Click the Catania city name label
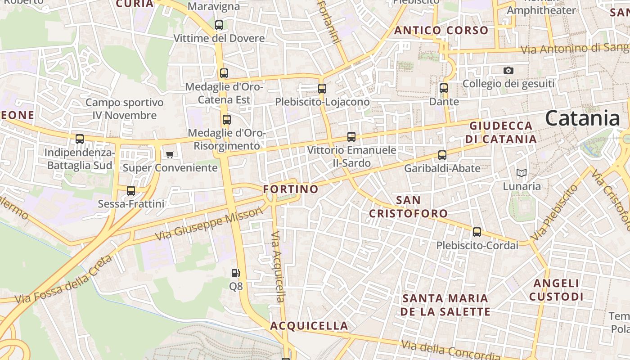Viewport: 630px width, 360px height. [582, 118]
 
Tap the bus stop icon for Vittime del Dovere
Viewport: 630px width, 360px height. [219, 25]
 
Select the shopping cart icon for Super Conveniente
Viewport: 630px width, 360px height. [170, 154]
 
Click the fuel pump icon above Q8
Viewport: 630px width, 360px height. [235, 273]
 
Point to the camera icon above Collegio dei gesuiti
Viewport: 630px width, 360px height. [508, 70]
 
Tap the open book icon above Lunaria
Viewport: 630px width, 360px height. [522, 173]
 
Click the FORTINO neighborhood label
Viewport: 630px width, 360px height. [291, 189]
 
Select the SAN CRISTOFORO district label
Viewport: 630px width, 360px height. [409, 207]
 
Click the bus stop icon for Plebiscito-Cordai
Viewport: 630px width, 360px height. [477, 232]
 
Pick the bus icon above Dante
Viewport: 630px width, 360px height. [444, 88]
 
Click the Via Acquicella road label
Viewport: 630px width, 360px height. [279, 266]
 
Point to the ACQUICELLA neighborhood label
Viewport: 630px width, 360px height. [309, 326]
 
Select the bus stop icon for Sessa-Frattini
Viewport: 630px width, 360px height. [131, 191]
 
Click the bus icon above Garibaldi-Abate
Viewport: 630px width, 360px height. [442, 155]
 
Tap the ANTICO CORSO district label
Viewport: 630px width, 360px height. [441, 31]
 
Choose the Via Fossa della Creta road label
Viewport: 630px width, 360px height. [63, 280]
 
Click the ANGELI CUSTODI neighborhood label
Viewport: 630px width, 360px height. [556, 290]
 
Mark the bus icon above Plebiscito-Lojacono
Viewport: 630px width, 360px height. [322, 88]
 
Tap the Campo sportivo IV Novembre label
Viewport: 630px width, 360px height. [125, 109]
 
